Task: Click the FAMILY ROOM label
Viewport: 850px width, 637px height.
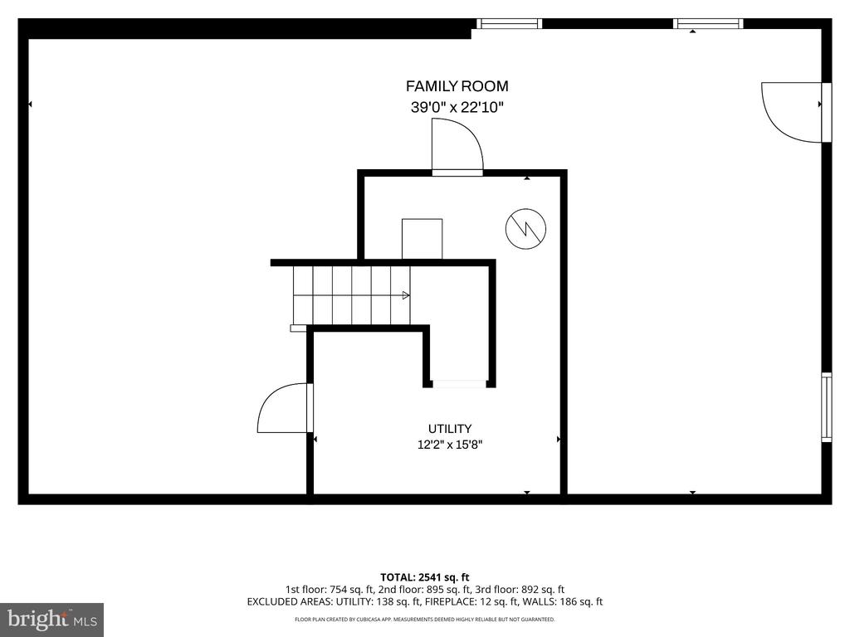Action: tap(457, 86)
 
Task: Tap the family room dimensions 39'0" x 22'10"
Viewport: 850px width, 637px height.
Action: tap(457, 107)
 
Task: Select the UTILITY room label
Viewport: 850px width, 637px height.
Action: tap(450, 429)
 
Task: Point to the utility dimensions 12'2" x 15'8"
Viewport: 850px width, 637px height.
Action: tap(450, 445)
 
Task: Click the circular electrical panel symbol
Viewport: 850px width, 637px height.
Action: tap(525, 229)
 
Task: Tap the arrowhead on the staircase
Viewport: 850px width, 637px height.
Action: tap(405, 295)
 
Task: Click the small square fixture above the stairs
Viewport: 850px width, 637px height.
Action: tap(422, 239)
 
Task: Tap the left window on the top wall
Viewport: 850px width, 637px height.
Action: tap(509, 23)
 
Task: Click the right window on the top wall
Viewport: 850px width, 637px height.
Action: tap(708, 23)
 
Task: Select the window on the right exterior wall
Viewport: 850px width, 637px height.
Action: tap(827, 406)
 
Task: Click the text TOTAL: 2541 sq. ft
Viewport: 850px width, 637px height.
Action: tap(424, 577)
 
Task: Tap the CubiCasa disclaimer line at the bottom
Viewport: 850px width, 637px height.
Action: tap(424, 619)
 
